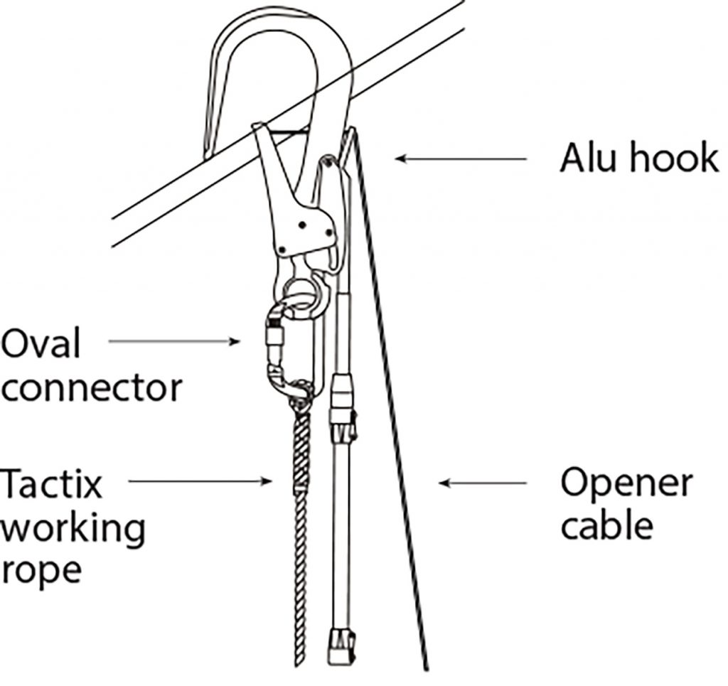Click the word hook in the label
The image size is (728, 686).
point(677,158)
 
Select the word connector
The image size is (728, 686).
point(91,388)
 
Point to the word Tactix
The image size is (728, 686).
point(51,484)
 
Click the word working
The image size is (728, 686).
point(73,527)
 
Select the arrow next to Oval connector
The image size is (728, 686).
point(174,342)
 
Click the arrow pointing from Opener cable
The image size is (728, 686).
point(483,483)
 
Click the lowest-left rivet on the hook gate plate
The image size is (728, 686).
point(284,250)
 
